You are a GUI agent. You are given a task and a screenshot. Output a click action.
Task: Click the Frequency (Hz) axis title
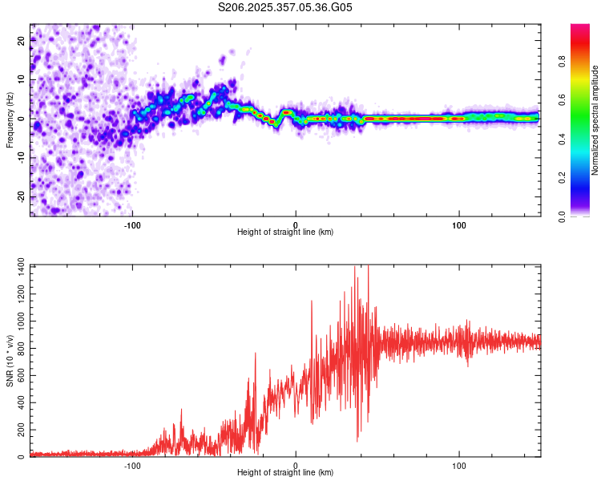(x=10, y=120)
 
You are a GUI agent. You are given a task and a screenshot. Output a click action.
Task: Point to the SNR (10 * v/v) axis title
(x=10, y=361)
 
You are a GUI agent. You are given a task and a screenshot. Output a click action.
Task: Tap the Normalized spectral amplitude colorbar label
(x=595, y=120)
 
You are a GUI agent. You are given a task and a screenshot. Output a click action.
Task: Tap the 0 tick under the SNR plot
(x=296, y=465)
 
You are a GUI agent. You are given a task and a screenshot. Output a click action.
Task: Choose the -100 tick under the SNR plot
(x=132, y=465)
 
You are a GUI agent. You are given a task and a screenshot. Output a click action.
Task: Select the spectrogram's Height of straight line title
(x=285, y=232)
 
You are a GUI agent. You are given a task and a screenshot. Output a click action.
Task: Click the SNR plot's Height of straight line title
(x=285, y=474)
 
